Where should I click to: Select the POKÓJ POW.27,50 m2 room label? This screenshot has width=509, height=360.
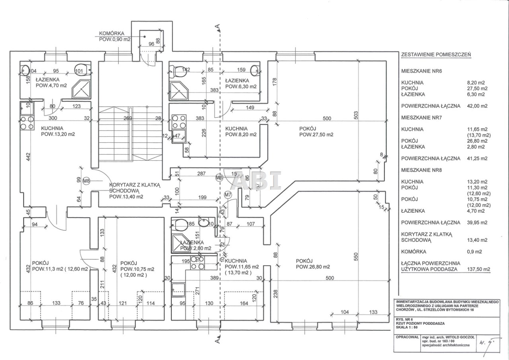[x=316, y=131]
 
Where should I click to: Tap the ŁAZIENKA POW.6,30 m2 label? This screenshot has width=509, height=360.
[x=240, y=83]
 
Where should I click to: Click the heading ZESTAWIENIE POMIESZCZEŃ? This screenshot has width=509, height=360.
[x=436, y=55]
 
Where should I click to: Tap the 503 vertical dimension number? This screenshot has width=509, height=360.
[x=356, y=115]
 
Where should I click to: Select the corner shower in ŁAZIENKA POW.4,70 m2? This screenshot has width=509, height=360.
[x=81, y=88]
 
